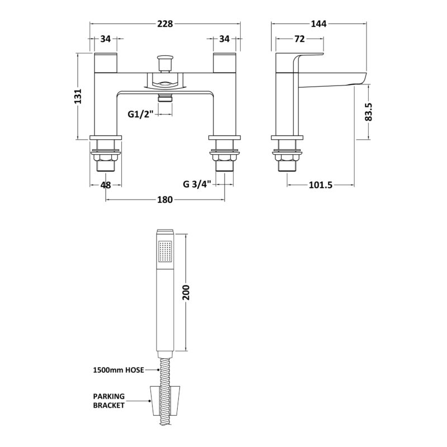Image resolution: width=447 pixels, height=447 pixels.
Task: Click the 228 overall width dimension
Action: (165, 23)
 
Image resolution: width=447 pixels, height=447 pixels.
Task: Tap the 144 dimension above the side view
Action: (318, 23)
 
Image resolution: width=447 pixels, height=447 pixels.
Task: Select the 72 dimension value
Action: (299, 39)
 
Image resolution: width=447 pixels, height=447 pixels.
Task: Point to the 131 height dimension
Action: (78, 96)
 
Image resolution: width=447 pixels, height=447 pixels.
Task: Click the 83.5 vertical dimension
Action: (369, 112)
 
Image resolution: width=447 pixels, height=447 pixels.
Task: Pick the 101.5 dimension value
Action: (321, 186)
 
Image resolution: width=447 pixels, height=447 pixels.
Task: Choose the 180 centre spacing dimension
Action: (165, 200)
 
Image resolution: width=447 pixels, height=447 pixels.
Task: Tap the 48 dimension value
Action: (106, 185)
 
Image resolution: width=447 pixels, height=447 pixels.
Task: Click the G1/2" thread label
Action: (141, 115)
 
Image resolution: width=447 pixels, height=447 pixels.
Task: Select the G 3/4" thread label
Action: (197, 184)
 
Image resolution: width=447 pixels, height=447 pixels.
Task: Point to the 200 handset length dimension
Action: (186, 292)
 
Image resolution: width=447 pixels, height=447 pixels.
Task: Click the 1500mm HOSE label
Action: (118, 370)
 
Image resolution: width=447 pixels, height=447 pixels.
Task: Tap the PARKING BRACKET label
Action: (109, 401)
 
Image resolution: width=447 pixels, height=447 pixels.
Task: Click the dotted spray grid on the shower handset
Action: (165, 251)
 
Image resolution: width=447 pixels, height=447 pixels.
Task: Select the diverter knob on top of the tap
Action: (165, 64)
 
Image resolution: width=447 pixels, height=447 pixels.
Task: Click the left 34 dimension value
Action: (106, 39)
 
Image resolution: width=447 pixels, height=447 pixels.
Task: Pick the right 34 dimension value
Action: (225, 39)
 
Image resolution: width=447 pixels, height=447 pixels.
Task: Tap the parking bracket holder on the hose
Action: (165, 401)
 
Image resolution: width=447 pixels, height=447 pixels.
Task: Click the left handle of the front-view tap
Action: (106, 63)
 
